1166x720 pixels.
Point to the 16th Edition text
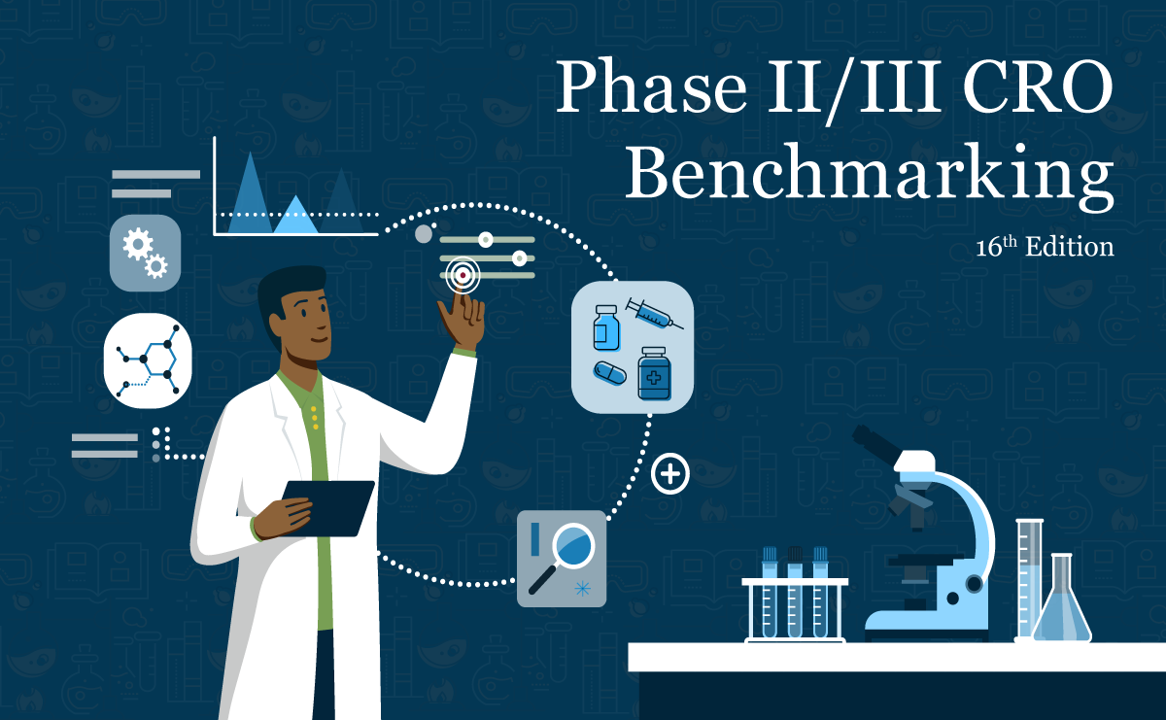coord(1045,248)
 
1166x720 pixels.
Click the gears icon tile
coord(145,253)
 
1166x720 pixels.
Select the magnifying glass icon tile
coord(561,559)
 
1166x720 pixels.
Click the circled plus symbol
coord(669,474)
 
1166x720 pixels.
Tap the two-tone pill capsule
coord(610,372)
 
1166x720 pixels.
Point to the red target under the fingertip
coord(463,276)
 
